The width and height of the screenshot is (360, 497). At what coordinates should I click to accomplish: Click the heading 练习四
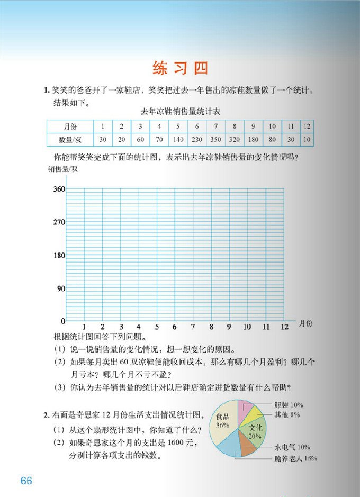[179, 68]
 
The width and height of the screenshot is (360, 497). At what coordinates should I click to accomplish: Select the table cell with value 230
[196, 140]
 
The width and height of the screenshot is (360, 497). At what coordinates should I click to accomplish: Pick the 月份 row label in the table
[70, 126]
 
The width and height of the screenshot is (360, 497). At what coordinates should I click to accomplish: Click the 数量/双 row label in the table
[70, 140]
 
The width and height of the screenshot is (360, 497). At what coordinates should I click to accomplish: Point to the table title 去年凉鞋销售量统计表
[180, 112]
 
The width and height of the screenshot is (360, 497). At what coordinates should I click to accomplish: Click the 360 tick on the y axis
[58, 189]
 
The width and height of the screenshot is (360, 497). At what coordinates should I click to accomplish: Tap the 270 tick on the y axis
[58, 222]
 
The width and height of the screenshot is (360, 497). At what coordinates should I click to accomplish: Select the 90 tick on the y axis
[60, 288]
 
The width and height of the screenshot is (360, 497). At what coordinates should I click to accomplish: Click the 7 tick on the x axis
[193, 327]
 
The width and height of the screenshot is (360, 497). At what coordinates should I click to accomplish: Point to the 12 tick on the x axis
[285, 327]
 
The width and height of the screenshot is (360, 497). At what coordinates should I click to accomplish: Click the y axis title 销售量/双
[62, 169]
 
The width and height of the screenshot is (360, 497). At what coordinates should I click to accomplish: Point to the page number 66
[26, 481]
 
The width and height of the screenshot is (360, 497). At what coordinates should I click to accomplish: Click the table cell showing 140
[178, 140]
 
